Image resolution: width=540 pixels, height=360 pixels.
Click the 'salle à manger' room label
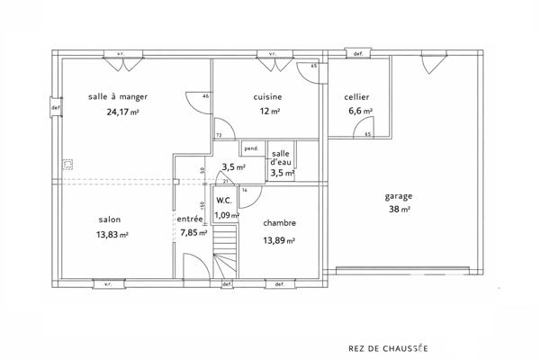(x=118, y=96)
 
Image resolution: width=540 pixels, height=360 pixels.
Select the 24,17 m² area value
(x=118, y=112)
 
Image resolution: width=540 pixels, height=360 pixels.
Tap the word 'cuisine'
(x=268, y=97)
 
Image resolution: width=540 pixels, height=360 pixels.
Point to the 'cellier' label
(x=356, y=97)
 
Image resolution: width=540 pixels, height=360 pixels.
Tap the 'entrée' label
(x=189, y=219)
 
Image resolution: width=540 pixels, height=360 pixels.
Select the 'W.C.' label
(x=224, y=202)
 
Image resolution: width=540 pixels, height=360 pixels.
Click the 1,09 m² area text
(x=227, y=215)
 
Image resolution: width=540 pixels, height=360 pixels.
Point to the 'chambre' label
(x=279, y=223)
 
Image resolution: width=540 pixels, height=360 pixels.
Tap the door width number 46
(x=206, y=96)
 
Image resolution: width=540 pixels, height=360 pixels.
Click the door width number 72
(x=219, y=135)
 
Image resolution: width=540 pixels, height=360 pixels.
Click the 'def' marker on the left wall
(x=56, y=108)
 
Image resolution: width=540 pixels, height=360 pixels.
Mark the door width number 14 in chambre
(x=244, y=191)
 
